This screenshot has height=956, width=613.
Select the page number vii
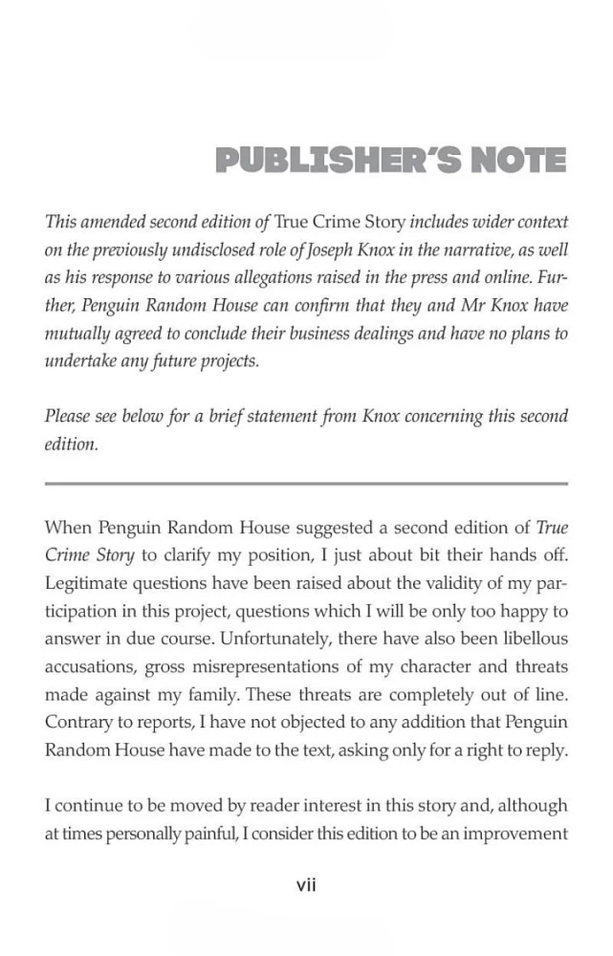pos(306,885)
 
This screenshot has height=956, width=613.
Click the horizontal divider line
pos(306,484)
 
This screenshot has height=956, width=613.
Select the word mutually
pos(75,335)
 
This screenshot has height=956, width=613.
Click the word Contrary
pos(76,722)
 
